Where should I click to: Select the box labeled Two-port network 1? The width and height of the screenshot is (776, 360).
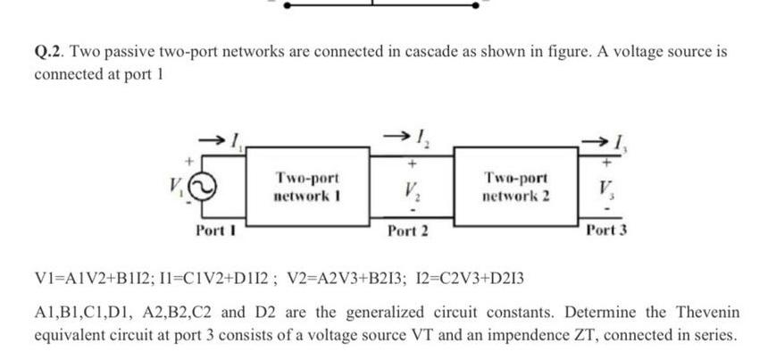click(x=307, y=187)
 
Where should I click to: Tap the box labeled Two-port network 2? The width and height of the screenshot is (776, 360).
click(x=514, y=187)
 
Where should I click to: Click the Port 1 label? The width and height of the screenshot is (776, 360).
click(x=214, y=230)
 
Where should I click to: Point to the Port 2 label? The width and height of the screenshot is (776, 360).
click(x=408, y=230)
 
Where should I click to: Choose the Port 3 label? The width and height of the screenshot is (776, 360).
click(x=607, y=230)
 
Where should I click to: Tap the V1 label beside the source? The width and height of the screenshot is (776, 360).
click(x=179, y=188)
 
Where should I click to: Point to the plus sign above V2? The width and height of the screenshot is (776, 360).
click(x=412, y=165)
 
